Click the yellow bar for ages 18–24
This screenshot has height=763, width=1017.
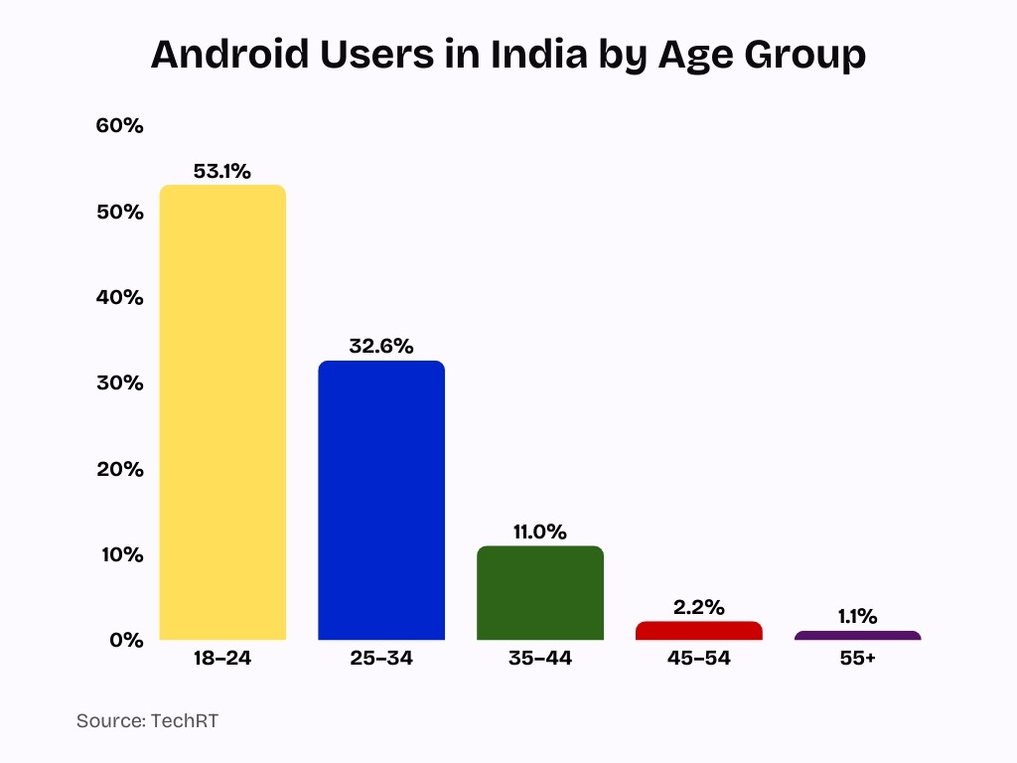click(222, 412)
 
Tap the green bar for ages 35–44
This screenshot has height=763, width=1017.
click(539, 592)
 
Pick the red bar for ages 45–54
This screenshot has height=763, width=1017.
click(698, 630)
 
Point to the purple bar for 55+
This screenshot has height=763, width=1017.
click(857, 635)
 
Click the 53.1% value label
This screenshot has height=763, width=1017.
click(222, 171)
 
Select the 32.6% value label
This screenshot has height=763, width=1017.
click(381, 346)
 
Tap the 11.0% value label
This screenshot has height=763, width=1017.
click(539, 532)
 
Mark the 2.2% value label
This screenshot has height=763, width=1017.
click(698, 606)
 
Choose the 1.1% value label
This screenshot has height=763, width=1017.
click(857, 616)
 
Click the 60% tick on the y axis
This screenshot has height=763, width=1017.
click(120, 126)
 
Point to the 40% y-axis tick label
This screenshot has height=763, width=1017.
click(120, 297)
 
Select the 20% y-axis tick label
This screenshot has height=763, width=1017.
click(120, 469)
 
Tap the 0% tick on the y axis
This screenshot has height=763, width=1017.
click(126, 640)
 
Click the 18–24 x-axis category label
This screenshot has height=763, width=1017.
click(222, 659)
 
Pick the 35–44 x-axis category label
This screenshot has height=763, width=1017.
click(539, 659)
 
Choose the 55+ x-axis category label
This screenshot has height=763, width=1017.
click(857, 659)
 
